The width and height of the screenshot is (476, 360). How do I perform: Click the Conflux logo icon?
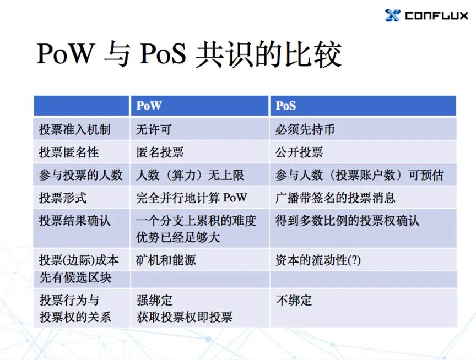point(392,15)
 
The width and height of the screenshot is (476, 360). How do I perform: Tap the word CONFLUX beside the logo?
point(436,15)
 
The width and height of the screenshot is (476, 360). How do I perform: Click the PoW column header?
point(149,106)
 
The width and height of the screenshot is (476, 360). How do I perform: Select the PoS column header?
point(286,106)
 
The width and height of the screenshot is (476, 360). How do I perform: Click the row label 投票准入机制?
point(74,129)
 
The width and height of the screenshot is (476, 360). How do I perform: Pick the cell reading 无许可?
point(154,129)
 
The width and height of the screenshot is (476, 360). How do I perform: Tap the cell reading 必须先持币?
point(305,129)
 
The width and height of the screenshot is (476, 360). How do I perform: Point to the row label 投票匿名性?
point(69,152)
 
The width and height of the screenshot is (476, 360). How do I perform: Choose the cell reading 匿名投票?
point(160,152)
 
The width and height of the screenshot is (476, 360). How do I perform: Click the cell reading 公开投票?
point(299,152)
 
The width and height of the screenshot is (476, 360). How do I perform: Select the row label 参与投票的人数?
point(80,175)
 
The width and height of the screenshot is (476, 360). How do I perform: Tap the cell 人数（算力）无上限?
point(190,175)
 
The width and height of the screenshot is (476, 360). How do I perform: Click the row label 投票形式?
point(63,198)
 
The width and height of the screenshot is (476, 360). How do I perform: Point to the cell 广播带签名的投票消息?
point(335,198)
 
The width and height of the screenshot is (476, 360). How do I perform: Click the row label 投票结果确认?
point(74,221)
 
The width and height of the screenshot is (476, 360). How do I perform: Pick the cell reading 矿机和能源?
point(166,260)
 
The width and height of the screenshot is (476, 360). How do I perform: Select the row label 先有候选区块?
point(75,277)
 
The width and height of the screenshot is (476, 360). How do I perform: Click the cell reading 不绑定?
point(294,300)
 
